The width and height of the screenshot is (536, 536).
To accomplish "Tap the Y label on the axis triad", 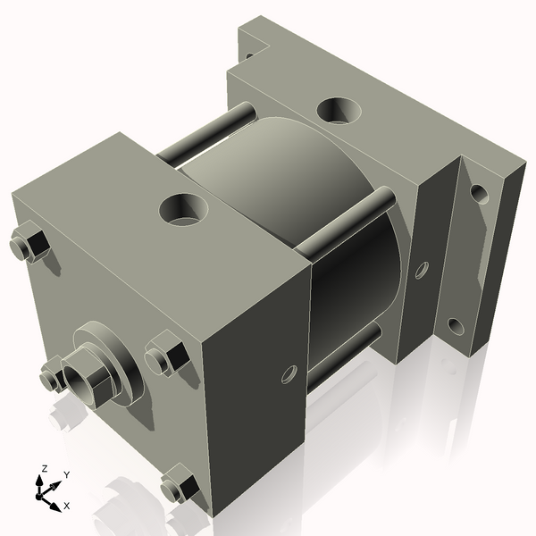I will tap(67, 475).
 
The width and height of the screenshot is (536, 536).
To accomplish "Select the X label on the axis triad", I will tap(66, 506).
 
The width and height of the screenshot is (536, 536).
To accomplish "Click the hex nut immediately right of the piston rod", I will tap(164, 358).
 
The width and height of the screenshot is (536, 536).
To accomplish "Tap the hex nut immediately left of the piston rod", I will tap(51, 380).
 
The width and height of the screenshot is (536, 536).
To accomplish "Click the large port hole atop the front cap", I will tap(183, 211).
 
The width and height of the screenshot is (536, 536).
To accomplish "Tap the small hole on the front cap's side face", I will tap(288, 373).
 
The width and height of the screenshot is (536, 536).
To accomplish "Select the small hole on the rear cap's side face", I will tap(422, 269).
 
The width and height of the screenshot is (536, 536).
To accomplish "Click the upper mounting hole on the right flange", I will tap(480, 193).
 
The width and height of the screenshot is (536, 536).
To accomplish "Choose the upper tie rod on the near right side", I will tap(344, 223).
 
